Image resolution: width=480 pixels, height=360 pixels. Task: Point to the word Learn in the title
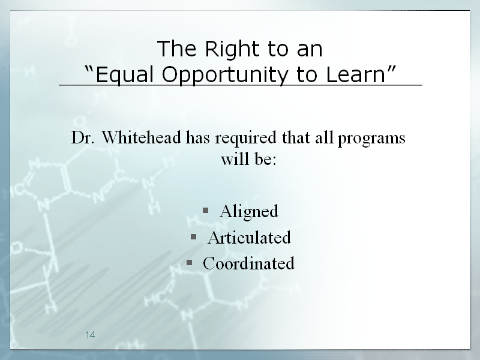point(355,74)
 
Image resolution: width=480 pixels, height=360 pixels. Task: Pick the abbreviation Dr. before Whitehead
point(83,137)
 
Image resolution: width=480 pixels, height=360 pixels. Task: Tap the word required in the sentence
point(245,139)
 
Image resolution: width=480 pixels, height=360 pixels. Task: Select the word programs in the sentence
point(371,139)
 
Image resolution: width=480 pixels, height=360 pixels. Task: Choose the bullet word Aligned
point(248,212)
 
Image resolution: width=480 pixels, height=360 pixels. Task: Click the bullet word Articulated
point(249,238)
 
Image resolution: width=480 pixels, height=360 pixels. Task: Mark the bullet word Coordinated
point(248,263)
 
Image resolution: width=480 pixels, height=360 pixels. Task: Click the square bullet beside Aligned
point(205,210)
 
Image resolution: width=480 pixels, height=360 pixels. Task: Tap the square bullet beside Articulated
point(193,236)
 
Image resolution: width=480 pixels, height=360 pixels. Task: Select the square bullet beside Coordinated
point(189,263)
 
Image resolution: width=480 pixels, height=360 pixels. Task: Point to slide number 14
point(90,335)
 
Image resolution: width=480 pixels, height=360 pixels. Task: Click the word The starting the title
point(176,49)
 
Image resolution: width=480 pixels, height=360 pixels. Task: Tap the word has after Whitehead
point(198,137)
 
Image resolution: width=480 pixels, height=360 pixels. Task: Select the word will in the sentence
point(232,159)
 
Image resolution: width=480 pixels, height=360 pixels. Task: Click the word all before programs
point(324,137)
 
